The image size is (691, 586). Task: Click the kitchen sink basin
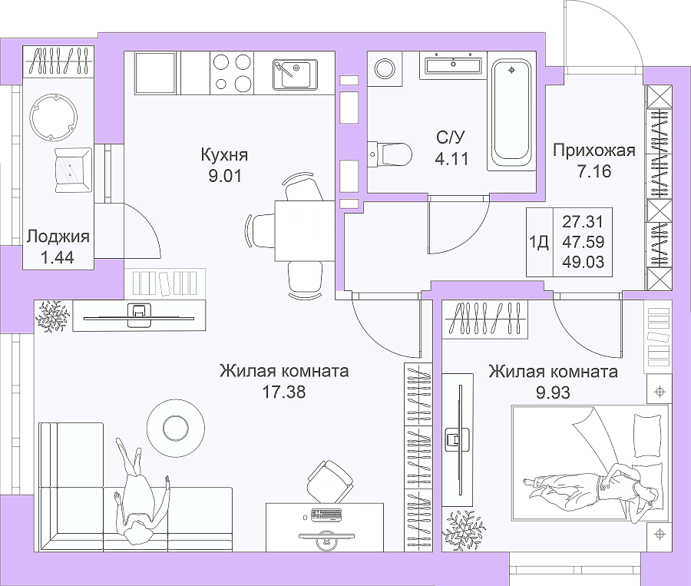(295, 74)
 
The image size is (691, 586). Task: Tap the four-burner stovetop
(232, 73)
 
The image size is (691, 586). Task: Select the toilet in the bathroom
(389, 154)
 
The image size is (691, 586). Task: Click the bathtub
(511, 111)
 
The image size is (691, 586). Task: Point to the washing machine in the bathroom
(385, 66)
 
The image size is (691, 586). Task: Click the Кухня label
(224, 155)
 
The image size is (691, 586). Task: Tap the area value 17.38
(284, 392)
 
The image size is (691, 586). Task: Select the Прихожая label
(594, 151)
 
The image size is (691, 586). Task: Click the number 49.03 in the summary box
(583, 262)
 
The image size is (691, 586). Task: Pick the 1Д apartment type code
(538, 242)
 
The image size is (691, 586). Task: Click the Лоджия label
(58, 237)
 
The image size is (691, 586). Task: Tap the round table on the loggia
(54, 118)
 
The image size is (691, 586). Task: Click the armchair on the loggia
(73, 171)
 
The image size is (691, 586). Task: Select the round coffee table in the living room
(176, 427)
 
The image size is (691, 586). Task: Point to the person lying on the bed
(591, 485)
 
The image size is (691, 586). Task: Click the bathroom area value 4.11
(451, 159)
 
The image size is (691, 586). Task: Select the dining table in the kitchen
(305, 230)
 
